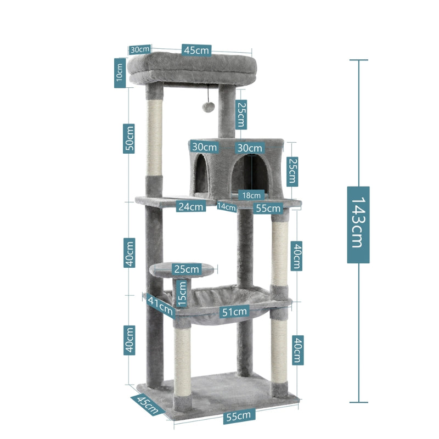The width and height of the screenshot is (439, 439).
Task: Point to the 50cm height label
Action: (129, 139)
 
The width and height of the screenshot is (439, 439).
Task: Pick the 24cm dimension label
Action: (190, 207)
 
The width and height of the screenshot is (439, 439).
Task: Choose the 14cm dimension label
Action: (226, 207)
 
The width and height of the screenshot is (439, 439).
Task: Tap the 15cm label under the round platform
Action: (182, 294)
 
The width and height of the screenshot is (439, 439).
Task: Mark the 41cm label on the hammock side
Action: (160, 306)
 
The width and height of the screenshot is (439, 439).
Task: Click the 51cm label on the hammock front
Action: (234, 312)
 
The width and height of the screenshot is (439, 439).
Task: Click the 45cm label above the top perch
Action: (196, 50)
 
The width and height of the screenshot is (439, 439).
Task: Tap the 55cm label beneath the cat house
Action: (268, 208)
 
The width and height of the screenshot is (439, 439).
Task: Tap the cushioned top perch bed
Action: (193, 69)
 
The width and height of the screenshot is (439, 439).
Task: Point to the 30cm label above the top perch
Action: (139, 49)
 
